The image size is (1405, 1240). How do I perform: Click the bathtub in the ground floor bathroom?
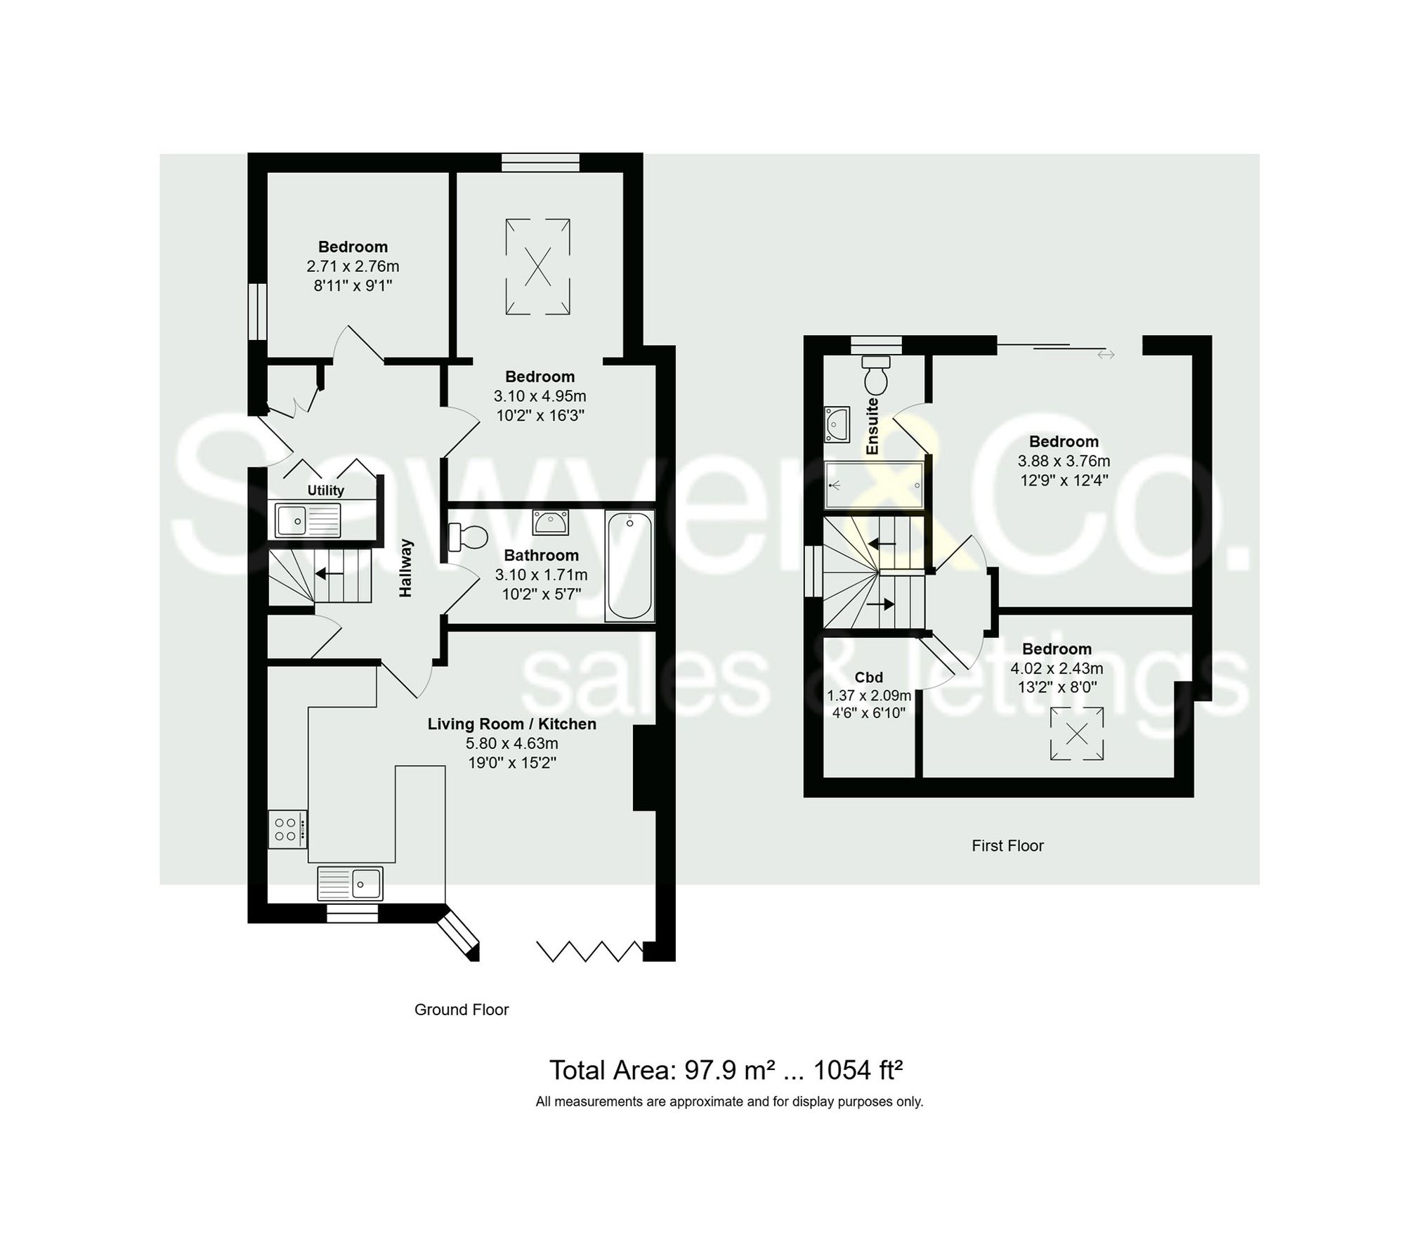point(629,566)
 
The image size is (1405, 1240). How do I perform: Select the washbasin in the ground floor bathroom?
point(551,523)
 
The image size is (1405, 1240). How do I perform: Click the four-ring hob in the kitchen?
point(287,830)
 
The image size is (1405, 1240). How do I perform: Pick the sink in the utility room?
point(308,521)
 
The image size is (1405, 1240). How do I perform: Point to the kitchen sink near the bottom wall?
point(351,883)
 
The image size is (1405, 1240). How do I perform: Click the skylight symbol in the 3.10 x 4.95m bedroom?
point(537,267)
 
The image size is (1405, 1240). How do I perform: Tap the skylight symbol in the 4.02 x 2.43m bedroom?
point(1077,734)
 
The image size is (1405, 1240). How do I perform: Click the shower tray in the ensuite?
point(874,485)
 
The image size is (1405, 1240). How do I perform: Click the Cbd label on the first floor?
point(868,677)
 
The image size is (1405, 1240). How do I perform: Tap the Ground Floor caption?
point(462,1010)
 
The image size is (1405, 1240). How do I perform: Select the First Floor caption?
point(1007,846)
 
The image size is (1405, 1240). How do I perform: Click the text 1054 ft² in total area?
point(857,1071)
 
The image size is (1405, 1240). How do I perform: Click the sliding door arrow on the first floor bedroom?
point(1106,355)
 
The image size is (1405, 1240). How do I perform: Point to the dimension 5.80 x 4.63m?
point(512,743)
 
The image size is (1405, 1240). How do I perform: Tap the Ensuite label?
point(873,426)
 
